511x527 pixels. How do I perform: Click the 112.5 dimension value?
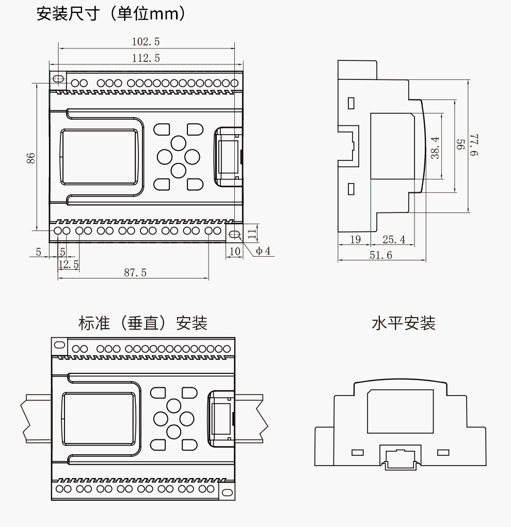(x=146, y=58)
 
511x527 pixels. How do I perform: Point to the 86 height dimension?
(x=30, y=158)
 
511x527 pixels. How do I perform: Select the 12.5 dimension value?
(x=69, y=265)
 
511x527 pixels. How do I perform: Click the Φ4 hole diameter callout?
(x=263, y=251)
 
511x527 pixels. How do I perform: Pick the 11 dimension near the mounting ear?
(x=251, y=233)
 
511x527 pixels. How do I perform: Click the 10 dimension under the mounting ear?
(x=235, y=251)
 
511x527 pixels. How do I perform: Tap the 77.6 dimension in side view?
(x=475, y=145)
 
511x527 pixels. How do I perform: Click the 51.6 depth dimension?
(x=380, y=255)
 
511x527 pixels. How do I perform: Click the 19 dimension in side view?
(x=355, y=240)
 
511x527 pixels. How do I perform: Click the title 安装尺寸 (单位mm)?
(x=111, y=13)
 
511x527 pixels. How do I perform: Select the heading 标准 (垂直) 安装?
(x=143, y=323)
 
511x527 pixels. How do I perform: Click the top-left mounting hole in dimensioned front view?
(x=59, y=79)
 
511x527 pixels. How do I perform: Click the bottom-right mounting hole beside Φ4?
(x=234, y=234)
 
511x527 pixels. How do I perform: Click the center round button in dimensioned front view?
(x=178, y=156)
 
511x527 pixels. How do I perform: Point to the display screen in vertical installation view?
(x=99, y=417)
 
